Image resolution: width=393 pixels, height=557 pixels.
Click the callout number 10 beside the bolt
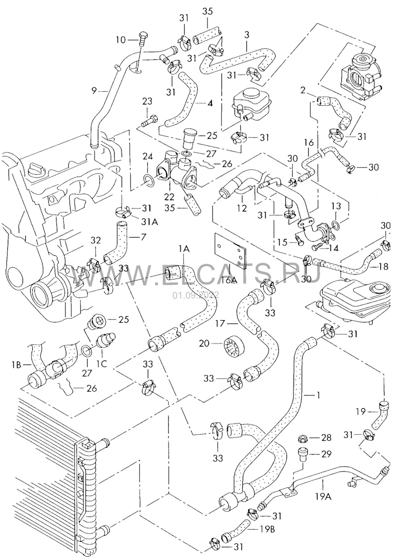[120, 40]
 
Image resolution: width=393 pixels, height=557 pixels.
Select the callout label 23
[147, 101]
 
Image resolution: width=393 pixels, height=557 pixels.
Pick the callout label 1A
[184, 248]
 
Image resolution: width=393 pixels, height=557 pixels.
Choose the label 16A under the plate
[229, 280]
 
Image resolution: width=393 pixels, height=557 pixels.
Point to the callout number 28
[326, 438]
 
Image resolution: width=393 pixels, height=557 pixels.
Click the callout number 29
[326, 454]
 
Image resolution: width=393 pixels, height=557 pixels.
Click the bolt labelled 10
[142, 40]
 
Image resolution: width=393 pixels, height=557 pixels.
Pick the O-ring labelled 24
[150, 179]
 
